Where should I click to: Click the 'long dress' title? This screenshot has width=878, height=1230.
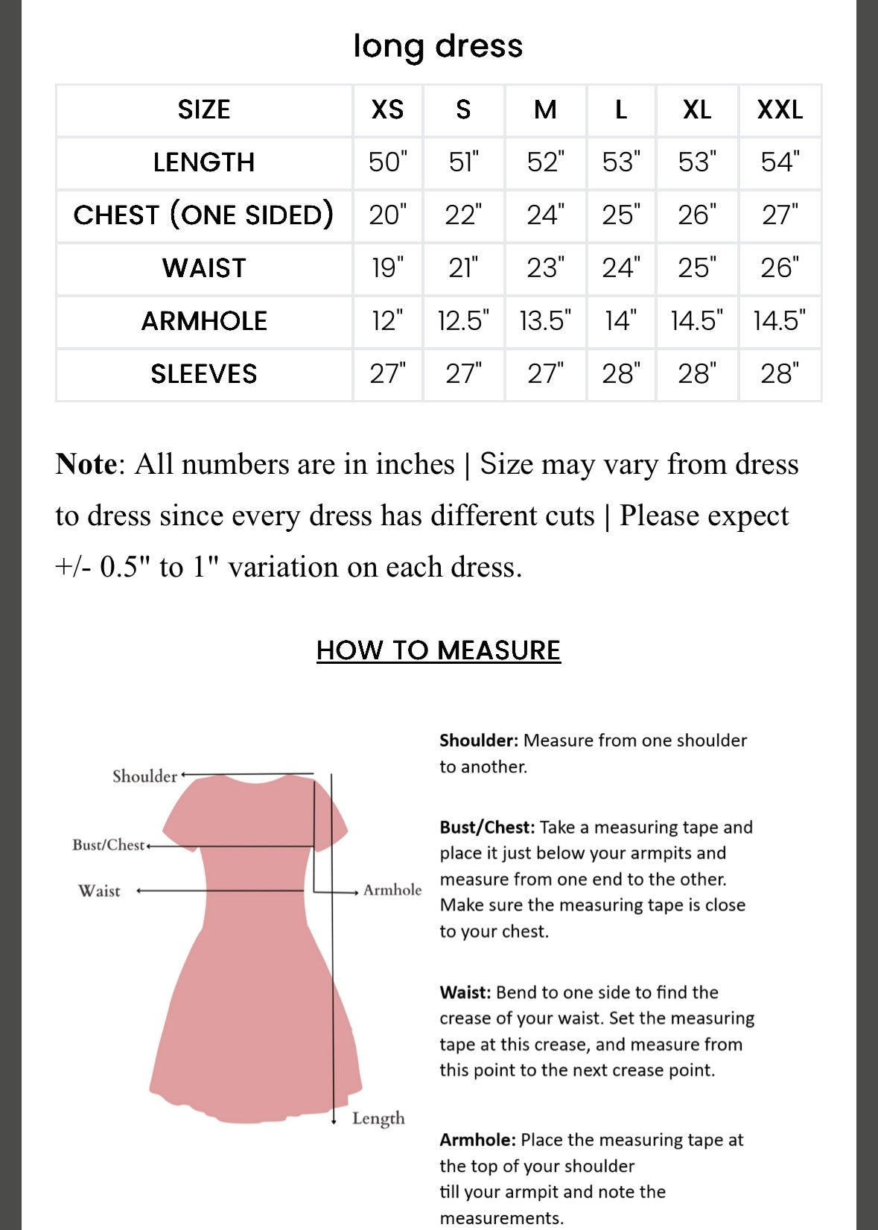(438, 45)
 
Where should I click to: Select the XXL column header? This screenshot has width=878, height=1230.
(780, 110)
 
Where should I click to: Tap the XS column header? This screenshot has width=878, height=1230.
(387, 110)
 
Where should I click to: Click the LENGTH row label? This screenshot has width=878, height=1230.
(204, 162)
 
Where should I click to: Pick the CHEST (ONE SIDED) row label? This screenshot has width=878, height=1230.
(203, 215)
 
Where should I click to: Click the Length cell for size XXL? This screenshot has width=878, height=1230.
(780, 162)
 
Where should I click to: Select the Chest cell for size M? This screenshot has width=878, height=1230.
(545, 215)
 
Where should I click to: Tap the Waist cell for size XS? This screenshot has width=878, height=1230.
(387, 268)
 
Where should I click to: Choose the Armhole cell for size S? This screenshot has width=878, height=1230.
(463, 321)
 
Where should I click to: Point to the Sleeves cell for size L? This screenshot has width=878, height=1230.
(621, 374)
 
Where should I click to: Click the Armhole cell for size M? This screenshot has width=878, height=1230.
(545, 321)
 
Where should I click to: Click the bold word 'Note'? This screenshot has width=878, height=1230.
(86, 464)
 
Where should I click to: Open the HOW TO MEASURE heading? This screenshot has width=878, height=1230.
(438, 650)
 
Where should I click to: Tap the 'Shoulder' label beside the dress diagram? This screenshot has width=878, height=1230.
(144, 776)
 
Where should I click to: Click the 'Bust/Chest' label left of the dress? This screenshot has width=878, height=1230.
(108, 845)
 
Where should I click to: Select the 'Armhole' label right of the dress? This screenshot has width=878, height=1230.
(392, 890)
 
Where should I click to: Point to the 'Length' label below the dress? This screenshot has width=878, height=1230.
(378, 1118)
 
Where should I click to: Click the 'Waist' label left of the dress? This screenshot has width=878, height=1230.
(99, 891)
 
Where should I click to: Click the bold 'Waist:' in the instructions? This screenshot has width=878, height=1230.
(465, 992)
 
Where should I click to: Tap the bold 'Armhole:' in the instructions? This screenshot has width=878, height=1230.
(477, 1140)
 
